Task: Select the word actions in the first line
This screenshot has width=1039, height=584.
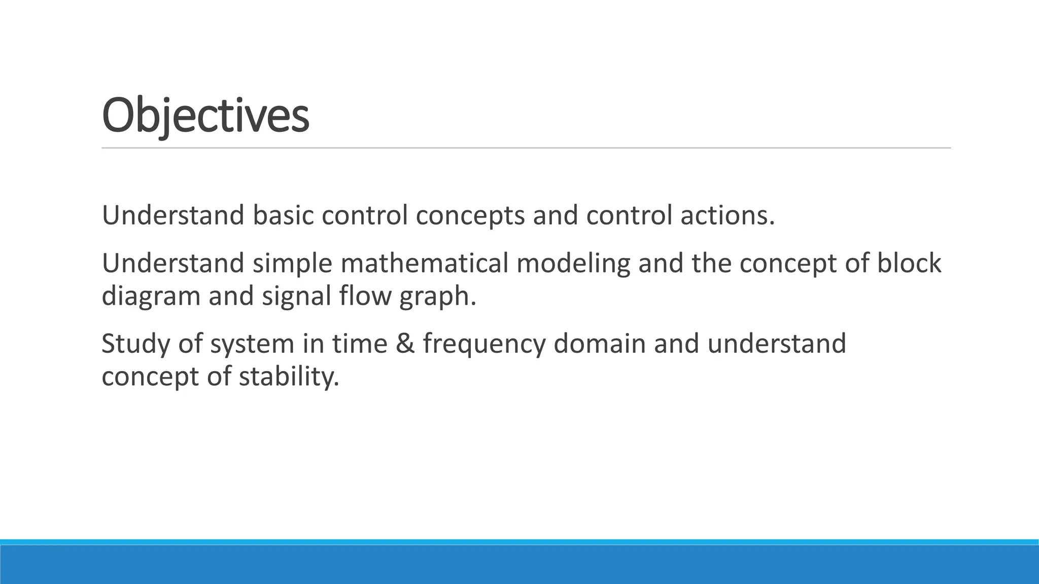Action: (x=728, y=215)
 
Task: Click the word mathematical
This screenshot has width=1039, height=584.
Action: (x=424, y=264)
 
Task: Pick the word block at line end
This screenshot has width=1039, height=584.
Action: (x=909, y=264)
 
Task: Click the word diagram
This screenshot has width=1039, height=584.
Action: (x=151, y=296)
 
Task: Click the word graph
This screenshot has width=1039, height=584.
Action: (x=437, y=296)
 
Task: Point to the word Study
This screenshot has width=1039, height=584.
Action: (x=135, y=344)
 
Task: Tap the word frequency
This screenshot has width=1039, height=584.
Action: (x=483, y=344)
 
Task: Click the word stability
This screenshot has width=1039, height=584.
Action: (x=288, y=376)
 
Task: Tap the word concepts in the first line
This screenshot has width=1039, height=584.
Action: (x=470, y=215)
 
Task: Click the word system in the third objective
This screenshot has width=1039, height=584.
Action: (x=252, y=344)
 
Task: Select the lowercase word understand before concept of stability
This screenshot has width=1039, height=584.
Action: (x=776, y=344)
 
